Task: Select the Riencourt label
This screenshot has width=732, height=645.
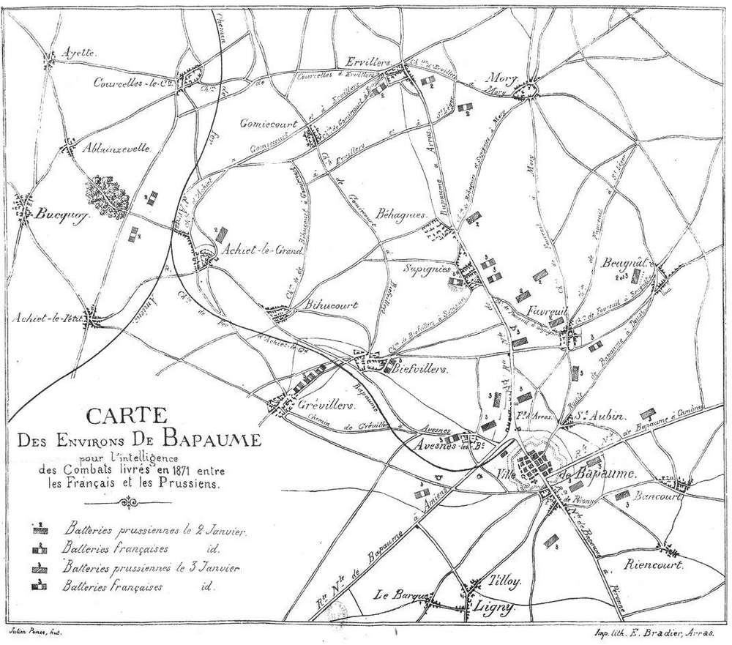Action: (x=654, y=565)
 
